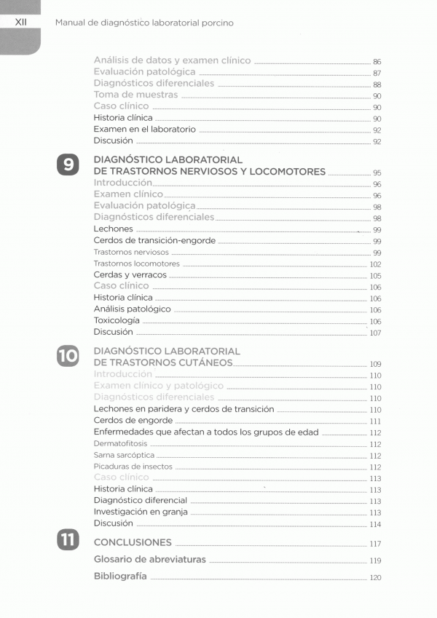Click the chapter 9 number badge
pos(68,165)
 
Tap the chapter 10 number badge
pos(68,356)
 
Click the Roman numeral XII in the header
pos(21,23)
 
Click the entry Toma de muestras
pos(135,95)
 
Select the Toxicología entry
pos(117,320)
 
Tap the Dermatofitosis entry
pos(120,443)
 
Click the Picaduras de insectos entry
pos(133,467)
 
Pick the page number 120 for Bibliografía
pos(376,578)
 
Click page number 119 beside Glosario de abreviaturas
pos(376,561)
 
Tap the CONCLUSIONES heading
pos(133,542)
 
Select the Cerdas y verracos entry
pos(130,275)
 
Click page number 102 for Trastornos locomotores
pos(376,264)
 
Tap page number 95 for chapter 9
pos(377,173)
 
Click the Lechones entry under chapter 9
pos(114,229)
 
